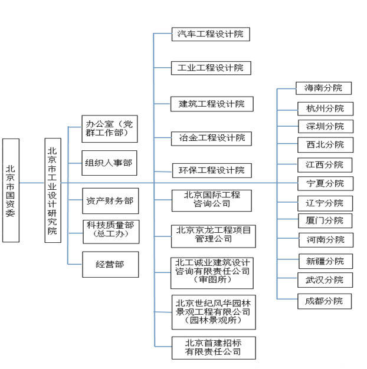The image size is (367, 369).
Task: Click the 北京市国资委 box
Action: click(11, 190)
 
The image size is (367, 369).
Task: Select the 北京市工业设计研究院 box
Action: click(53, 190)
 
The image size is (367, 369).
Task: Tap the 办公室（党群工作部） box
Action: click(110, 129)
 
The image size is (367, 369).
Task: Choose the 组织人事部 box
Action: click(110, 163)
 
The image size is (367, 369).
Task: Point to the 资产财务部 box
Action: click(110, 201)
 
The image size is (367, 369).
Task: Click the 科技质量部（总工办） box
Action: click(110, 230)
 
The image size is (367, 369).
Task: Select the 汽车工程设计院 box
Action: click(211, 34)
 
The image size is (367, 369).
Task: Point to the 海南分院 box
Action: click(324, 88)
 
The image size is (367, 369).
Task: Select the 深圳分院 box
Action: click(324, 126)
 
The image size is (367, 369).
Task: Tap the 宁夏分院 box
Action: click(324, 183)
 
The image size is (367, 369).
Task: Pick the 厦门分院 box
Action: click(324, 221)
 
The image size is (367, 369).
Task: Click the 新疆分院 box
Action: click(324, 261)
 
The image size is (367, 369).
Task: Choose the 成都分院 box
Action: click(324, 301)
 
